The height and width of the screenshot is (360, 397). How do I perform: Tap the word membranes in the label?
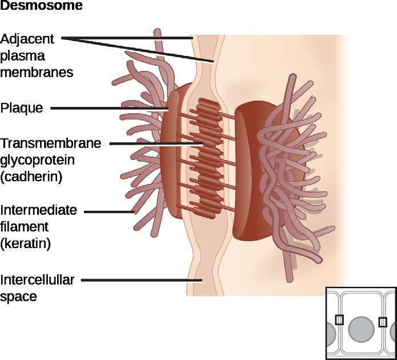(38, 73)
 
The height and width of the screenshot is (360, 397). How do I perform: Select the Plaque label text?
(22, 107)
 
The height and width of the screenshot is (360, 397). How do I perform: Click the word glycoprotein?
(39, 160)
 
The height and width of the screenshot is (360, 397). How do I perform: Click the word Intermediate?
(39, 210)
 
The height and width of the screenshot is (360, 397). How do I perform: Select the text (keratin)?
(26, 244)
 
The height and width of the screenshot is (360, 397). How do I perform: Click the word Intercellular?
(37, 280)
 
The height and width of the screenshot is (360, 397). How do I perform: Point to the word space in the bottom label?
(18, 297)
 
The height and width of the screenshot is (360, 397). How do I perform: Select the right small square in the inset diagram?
(383, 322)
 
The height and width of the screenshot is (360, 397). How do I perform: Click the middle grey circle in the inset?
(361, 330)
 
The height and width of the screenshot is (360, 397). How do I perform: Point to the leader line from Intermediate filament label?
(109, 211)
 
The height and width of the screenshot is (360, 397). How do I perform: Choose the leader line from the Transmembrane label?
(154, 143)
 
